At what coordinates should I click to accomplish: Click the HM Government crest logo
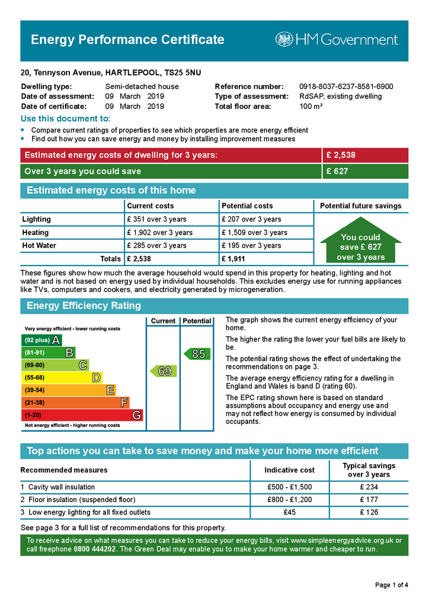pos(284,40)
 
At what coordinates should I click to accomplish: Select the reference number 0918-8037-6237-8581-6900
pos(346,87)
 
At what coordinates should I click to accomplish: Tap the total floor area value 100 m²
pos(311,107)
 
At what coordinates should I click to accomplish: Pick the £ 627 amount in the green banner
pos(337,171)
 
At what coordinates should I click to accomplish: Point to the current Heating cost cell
pos(159,232)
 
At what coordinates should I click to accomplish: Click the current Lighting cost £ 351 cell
pos(157,219)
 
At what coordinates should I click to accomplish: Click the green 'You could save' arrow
pos(361,246)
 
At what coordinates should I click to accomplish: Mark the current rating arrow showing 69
pos(162,371)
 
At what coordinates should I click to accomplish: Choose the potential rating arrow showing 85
pos(197,354)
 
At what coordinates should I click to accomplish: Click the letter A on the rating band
pos(56,340)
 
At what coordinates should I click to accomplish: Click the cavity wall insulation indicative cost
pos(289,487)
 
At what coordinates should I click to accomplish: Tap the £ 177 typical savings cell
pos(369,500)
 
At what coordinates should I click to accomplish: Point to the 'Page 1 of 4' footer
pos(392,585)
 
